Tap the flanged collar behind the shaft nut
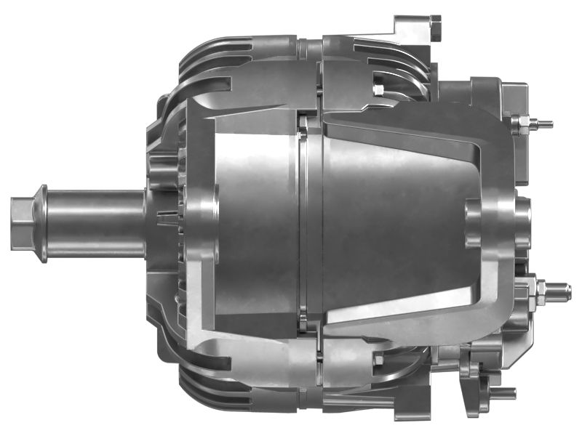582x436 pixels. [42, 223]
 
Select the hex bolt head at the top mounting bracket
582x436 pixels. [435, 27]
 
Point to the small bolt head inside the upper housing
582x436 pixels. [378, 89]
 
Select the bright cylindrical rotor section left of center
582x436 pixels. [255, 218]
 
